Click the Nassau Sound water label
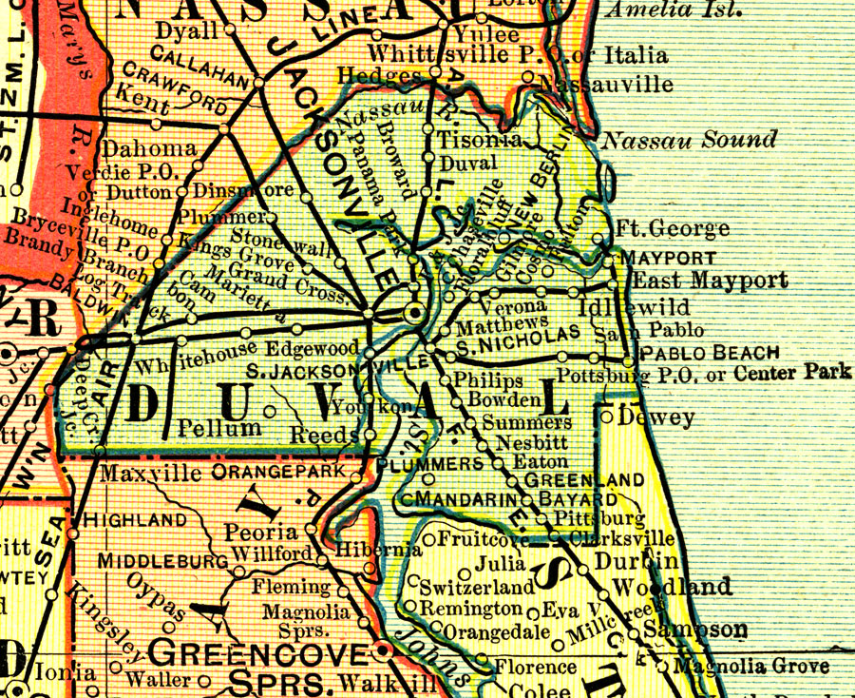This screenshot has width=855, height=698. point(690,141)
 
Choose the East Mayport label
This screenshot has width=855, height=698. point(710,281)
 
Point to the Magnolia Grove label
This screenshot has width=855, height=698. point(750,667)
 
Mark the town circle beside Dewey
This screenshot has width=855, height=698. point(606,415)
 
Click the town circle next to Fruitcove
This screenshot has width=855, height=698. point(429,540)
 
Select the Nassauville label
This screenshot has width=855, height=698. point(605,86)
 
